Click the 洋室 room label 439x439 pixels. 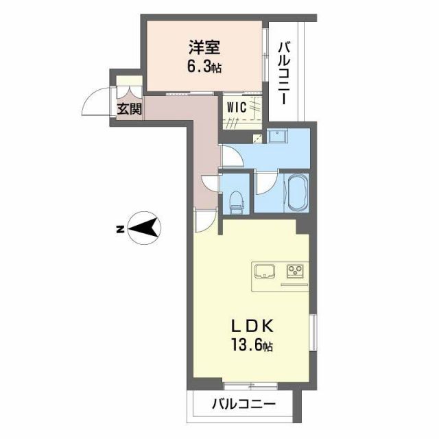coord(205,49)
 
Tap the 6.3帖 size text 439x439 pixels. coord(205,67)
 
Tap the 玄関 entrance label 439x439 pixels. coord(128,108)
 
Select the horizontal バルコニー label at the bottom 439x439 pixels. coord(243,403)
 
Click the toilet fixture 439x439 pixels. coord(237,198)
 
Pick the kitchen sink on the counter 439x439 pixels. coord(265,272)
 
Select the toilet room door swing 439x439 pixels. coord(210,183)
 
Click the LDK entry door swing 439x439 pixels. coord(204,219)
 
